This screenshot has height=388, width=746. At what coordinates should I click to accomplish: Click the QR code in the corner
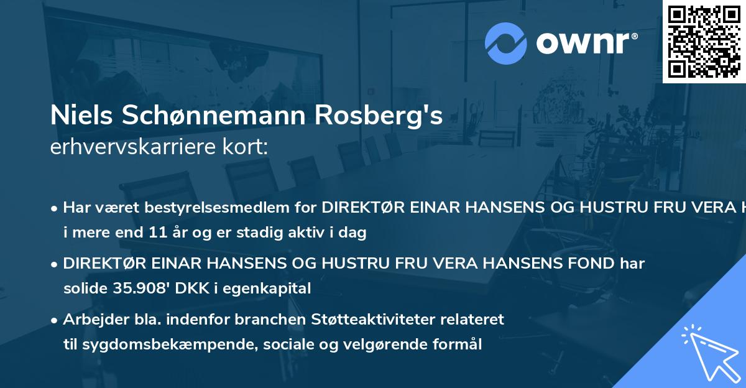coord(704,41)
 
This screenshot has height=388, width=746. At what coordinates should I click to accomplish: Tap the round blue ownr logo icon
coord(505,44)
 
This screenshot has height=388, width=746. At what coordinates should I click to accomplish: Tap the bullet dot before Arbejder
coord(55,320)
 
